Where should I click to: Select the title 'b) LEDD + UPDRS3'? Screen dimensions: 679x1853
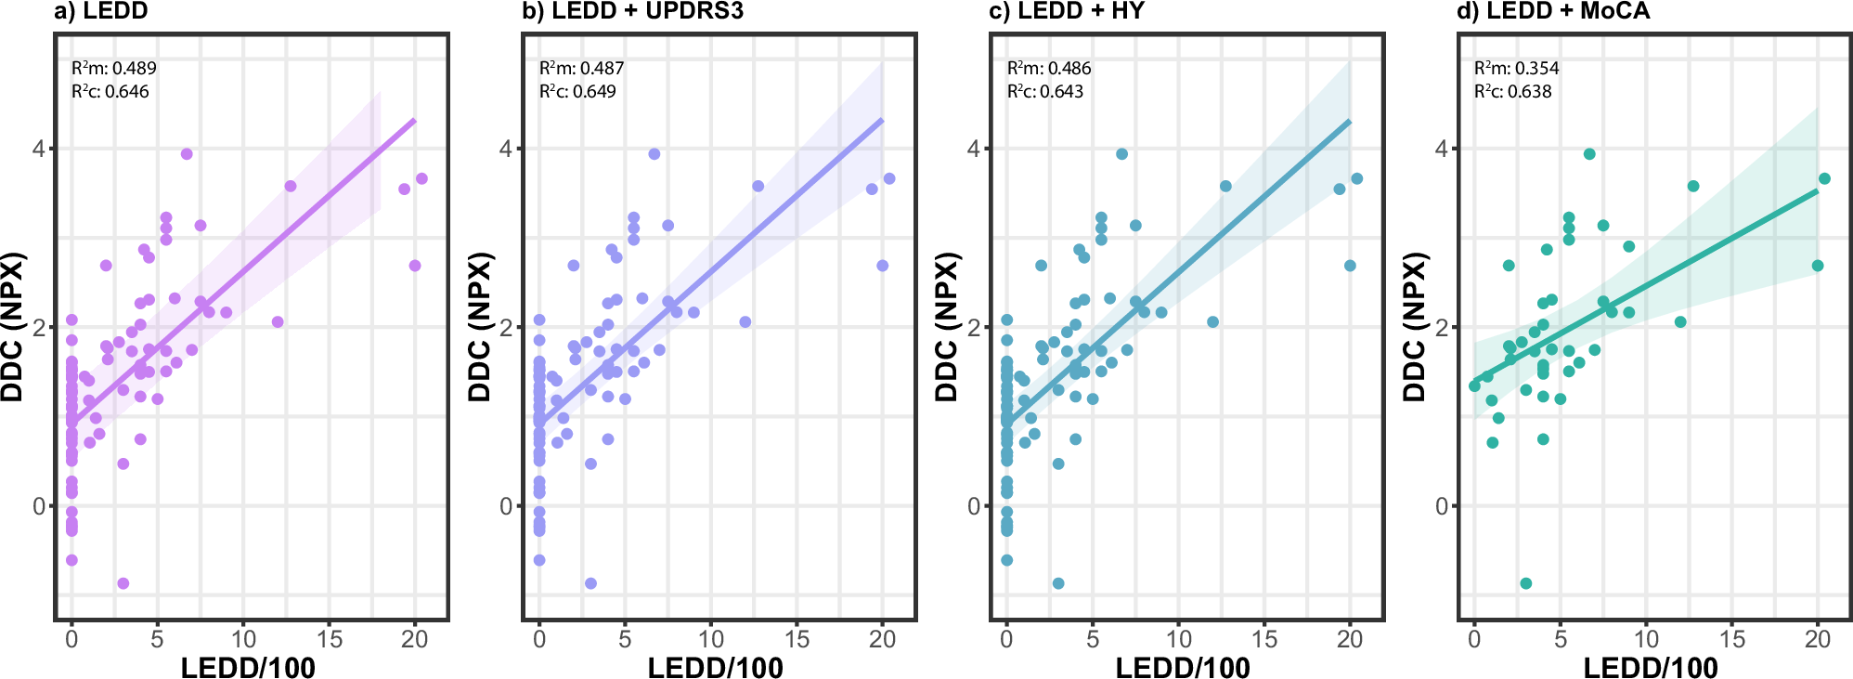coord(633,11)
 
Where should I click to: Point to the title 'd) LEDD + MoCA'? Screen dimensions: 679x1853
coord(1554,11)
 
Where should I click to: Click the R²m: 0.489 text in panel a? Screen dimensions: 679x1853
coord(114,68)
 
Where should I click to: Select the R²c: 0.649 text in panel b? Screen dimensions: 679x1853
coord(577,91)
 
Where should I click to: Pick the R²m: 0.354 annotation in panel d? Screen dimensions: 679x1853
coord(1517,68)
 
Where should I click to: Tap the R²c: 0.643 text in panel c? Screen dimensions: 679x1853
coord(1045,91)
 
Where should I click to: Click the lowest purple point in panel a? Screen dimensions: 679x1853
coord(123,583)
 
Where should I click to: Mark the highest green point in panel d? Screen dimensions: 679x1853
coord(1589,154)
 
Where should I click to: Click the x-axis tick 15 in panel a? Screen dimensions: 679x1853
coord(330,639)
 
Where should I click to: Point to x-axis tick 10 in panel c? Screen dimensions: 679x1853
coord(1178,639)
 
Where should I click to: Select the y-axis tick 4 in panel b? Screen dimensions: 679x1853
coord(506,149)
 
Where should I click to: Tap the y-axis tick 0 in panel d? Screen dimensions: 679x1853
coord(1441,506)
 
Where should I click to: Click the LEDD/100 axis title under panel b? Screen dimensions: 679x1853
coord(715,667)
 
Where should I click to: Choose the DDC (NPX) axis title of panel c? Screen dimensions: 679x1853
coord(946,327)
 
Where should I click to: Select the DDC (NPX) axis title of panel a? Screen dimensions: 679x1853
coord(12,327)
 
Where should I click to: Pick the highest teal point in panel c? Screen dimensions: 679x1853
coord(1121,154)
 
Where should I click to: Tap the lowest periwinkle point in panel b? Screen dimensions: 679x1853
coord(590,583)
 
